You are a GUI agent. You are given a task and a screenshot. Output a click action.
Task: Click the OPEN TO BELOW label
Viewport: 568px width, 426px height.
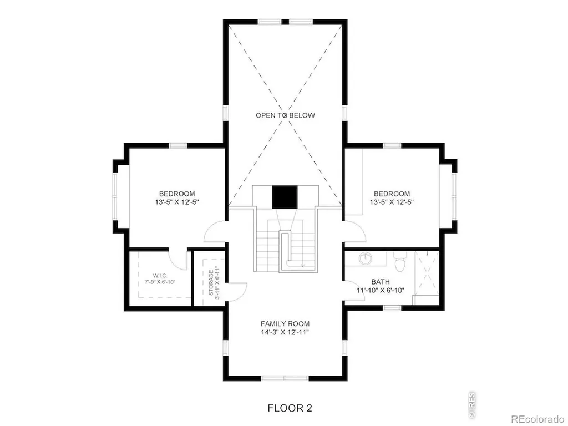click(285, 115)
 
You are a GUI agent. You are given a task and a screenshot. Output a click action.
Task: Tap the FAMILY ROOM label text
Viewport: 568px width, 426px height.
click(285, 324)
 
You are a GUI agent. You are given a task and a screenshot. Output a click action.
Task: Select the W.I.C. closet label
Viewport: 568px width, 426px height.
click(160, 276)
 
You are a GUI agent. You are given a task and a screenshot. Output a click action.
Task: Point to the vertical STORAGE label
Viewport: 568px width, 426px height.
click(211, 282)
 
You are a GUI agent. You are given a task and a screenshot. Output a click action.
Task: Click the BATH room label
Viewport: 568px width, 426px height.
click(381, 282)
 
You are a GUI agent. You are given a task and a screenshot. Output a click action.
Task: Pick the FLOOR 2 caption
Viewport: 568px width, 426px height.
click(290, 408)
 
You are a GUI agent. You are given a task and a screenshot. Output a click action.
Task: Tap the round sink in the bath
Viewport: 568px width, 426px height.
click(366, 258)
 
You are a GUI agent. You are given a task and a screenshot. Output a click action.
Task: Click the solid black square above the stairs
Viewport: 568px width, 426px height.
click(285, 197)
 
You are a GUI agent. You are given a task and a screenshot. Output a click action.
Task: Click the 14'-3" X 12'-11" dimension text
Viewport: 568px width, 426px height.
click(285, 333)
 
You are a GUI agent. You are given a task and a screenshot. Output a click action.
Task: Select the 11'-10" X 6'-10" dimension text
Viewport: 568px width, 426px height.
click(381, 290)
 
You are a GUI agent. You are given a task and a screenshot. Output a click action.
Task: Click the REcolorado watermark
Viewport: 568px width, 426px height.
click(538, 419)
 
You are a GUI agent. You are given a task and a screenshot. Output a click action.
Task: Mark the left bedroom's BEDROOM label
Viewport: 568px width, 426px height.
click(177, 194)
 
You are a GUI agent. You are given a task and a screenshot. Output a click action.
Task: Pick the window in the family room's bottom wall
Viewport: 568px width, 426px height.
click(285, 378)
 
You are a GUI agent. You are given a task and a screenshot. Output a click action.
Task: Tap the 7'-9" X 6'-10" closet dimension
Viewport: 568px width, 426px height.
click(160, 282)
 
